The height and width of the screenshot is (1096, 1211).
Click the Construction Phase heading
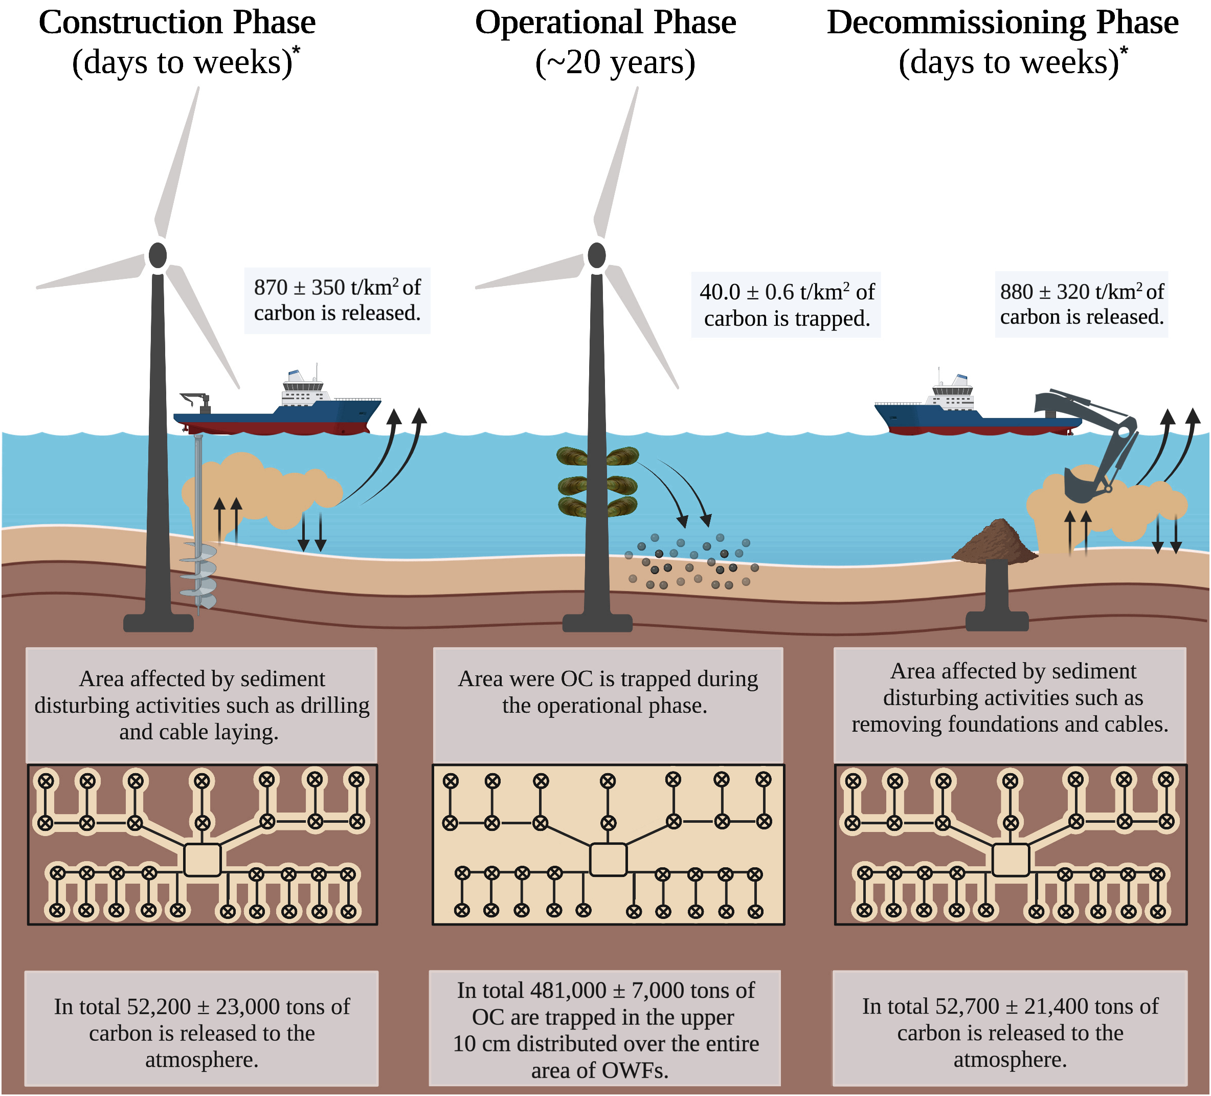click(x=177, y=23)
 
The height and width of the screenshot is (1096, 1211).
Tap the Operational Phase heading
click(x=605, y=23)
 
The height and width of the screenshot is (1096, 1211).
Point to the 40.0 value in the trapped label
click(x=720, y=293)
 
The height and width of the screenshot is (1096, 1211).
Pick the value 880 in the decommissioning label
click(x=1016, y=292)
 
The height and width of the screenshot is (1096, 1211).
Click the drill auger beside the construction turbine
click(x=199, y=571)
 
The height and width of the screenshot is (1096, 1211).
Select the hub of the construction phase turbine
click(x=158, y=255)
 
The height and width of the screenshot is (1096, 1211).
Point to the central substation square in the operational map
click(x=609, y=859)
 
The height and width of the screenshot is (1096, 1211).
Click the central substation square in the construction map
click(x=203, y=859)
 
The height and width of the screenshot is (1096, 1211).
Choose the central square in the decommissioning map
click(x=1011, y=859)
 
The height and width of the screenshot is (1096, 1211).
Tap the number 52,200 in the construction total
click(x=159, y=1007)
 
